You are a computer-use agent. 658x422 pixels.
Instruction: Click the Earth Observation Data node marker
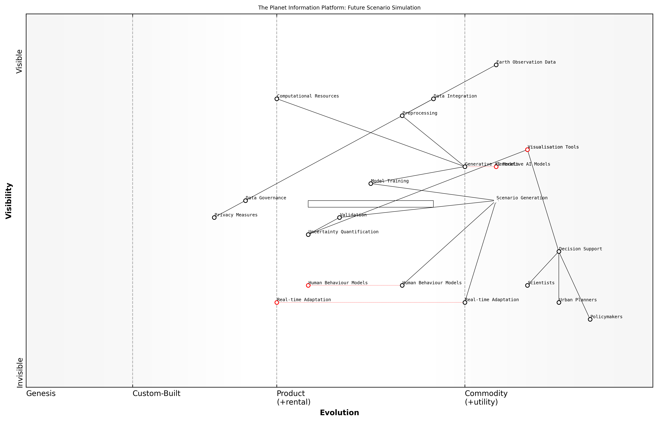click(x=496, y=65)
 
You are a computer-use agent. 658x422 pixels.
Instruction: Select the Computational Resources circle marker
click(x=277, y=99)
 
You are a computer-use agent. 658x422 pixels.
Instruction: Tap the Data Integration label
click(x=455, y=96)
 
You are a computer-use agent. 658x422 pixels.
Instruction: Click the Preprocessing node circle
click(x=402, y=116)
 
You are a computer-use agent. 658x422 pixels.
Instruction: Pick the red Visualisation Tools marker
click(x=527, y=150)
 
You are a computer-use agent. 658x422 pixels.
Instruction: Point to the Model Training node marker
click(x=371, y=184)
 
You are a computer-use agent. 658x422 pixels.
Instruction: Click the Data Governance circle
click(x=245, y=201)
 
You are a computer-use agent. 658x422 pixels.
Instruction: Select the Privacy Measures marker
click(x=214, y=218)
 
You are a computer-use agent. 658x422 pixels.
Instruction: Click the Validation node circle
click(x=339, y=218)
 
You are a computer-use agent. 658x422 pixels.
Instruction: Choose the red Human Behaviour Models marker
click(x=308, y=286)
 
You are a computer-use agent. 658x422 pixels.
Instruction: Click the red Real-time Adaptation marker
click(x=277, y=303)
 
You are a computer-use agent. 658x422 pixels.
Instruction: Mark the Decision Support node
click(x=559, y=252)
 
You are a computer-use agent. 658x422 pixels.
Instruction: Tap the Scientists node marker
click(x=527, y=286)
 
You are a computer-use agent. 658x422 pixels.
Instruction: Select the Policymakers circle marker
click(x=590, y=319)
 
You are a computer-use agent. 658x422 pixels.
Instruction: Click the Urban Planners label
click(x=578, y=300)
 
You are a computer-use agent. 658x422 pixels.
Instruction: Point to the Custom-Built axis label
click(x=156, y=393)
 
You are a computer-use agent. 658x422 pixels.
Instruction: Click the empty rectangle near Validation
click(x=371, y=204)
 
